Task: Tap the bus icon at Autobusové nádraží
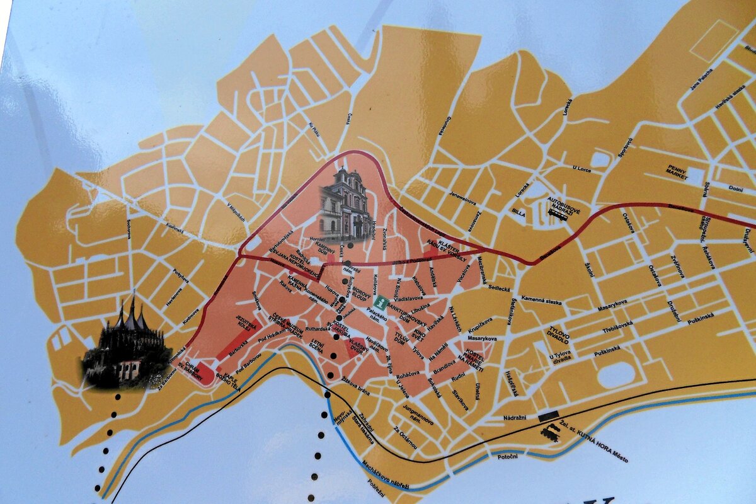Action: [557, 214]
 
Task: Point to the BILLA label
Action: [518, 212]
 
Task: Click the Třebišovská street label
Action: [617, 323]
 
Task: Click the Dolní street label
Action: [735, 188]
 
